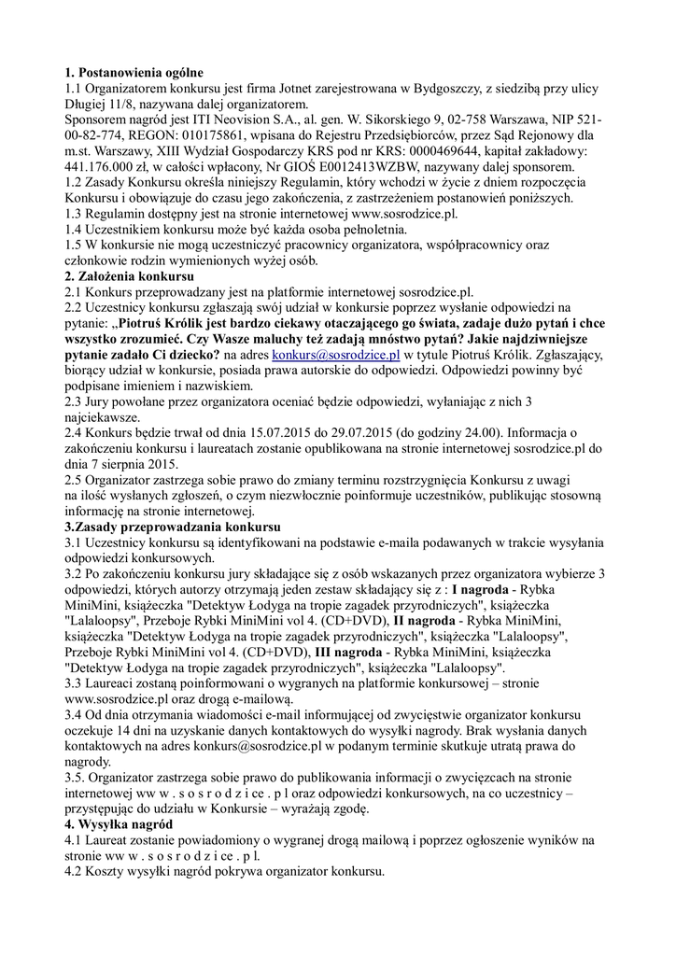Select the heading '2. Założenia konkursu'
coord(130,276)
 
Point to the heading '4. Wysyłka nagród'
coord(120,824)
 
